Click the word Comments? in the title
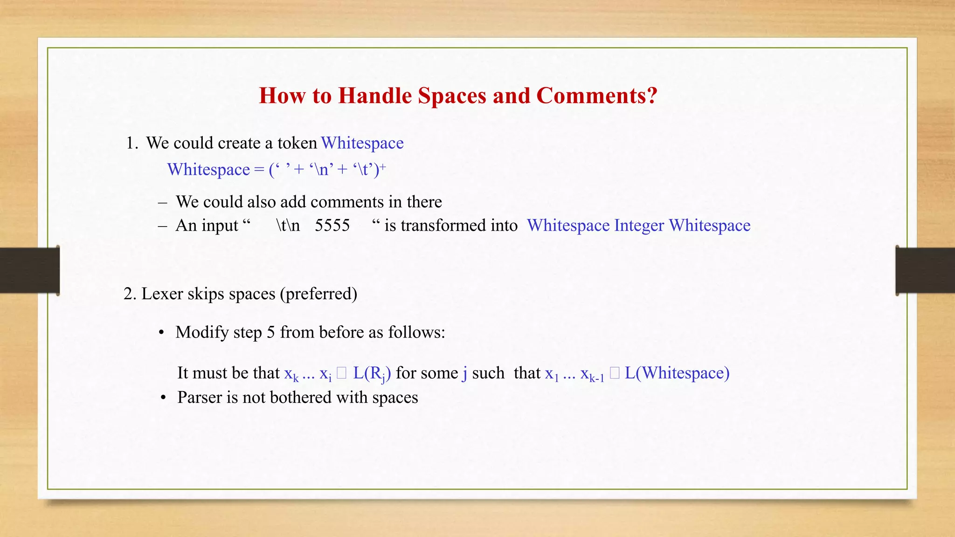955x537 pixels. tap(596, 96)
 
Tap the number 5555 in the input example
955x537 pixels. tap(332, 226)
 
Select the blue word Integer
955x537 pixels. tap(639, 226)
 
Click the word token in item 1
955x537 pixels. tap(297, 143)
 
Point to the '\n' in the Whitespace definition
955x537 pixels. tap(321, 170)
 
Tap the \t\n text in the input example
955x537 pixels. tap(288, 226)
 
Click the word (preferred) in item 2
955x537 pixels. tap(318, 294)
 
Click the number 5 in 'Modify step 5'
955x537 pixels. tap(270, 332)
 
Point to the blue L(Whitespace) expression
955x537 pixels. tap(677, 373)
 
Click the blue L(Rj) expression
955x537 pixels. tap(372, 373)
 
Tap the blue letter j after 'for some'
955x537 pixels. tap(464, 373)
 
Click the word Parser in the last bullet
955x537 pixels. tap(200, 398)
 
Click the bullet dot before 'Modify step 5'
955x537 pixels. tap(161, 333)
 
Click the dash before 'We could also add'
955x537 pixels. tap(162, 202)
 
